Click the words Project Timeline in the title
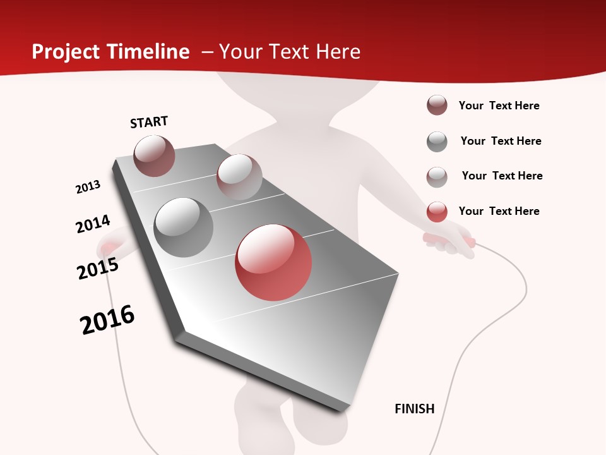(x=110, y=52)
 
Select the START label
(x=149, y=122)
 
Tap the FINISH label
(x=415, y=409)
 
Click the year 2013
(x=88, y=187)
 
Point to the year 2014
(x=93, y=224)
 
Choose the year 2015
(x=98, y=269)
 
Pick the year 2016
(x=107, y=320)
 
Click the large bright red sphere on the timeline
(x=273, y=262)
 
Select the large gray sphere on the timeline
(x=184, y=227)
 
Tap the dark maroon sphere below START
(x=155, y=155)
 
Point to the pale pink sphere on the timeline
(x=239, y=177)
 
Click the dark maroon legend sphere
(x=437, y=106)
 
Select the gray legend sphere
(x=437, y=142)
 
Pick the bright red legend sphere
(x=437, y=212)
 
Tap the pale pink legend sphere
(x=437, y=176)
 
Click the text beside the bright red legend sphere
(x=499, y=211)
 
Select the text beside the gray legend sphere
(x=501, y=141)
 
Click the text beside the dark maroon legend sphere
(x=499, y=106)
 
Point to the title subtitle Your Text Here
(x=290, y=52)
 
